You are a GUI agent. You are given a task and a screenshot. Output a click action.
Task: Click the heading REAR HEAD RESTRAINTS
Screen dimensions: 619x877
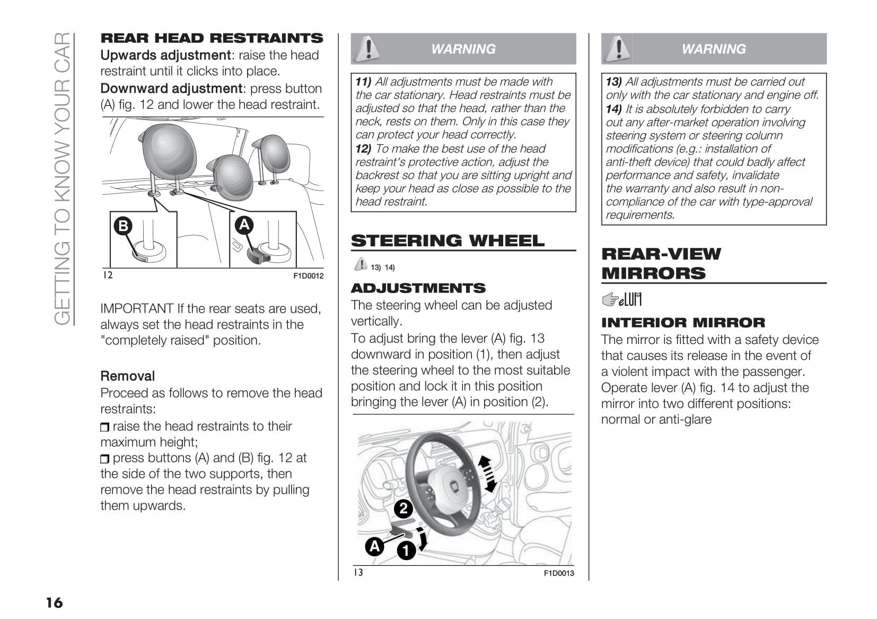coord(212,38)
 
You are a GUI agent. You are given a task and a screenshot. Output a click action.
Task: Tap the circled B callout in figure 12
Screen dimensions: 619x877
coord(123,226)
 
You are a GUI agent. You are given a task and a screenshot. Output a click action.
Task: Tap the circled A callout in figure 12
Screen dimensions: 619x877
coord(244,225)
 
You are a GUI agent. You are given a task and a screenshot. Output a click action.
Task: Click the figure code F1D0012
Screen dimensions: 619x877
coord(308,276)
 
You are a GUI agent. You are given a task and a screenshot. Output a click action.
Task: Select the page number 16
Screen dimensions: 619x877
coord(54,603)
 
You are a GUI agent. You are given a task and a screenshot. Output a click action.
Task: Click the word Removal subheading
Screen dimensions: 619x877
coord(127,376)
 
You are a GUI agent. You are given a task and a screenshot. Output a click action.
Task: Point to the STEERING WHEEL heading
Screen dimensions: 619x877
coord(448,240)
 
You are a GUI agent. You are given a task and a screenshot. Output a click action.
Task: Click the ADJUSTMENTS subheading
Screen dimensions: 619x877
coord(418,288)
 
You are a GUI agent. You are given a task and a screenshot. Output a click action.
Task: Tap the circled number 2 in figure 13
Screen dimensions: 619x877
coord(403,509)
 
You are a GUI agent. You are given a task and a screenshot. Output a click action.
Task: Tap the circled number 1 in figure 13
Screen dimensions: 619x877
coord(406,550)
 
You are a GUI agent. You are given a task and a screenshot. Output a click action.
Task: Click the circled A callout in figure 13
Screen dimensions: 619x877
coord(374,546)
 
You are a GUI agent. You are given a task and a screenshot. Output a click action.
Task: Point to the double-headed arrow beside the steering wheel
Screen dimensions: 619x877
coord(487,474)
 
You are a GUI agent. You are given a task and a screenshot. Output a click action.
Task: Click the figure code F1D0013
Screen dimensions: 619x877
coord(559,573)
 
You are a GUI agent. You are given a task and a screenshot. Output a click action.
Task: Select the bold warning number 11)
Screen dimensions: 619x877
coord(363,82)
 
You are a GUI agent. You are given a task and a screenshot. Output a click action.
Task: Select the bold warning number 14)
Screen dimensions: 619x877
coord(613,109)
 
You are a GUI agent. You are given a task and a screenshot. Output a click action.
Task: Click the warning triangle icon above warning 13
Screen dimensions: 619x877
coord(617,48)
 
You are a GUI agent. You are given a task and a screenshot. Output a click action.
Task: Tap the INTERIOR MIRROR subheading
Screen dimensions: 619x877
coord(683,323)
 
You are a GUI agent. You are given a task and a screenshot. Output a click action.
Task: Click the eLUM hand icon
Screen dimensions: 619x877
coord(622,300)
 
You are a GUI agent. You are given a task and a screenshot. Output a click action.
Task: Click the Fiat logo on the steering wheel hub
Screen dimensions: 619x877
coord(455,486)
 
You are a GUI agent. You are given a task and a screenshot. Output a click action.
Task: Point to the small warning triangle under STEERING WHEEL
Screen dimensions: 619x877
coord(361,264)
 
